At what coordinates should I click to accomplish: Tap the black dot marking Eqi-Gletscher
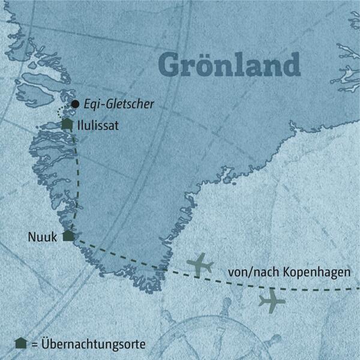(x=75, y=104)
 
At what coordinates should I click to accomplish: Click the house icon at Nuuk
(x=68, y=236)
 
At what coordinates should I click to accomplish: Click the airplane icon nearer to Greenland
(x=200, y=264)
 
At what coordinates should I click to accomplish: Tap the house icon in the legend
(x=21, y=343)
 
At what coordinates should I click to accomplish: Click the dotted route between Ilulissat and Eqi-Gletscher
(x=59, y=112)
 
